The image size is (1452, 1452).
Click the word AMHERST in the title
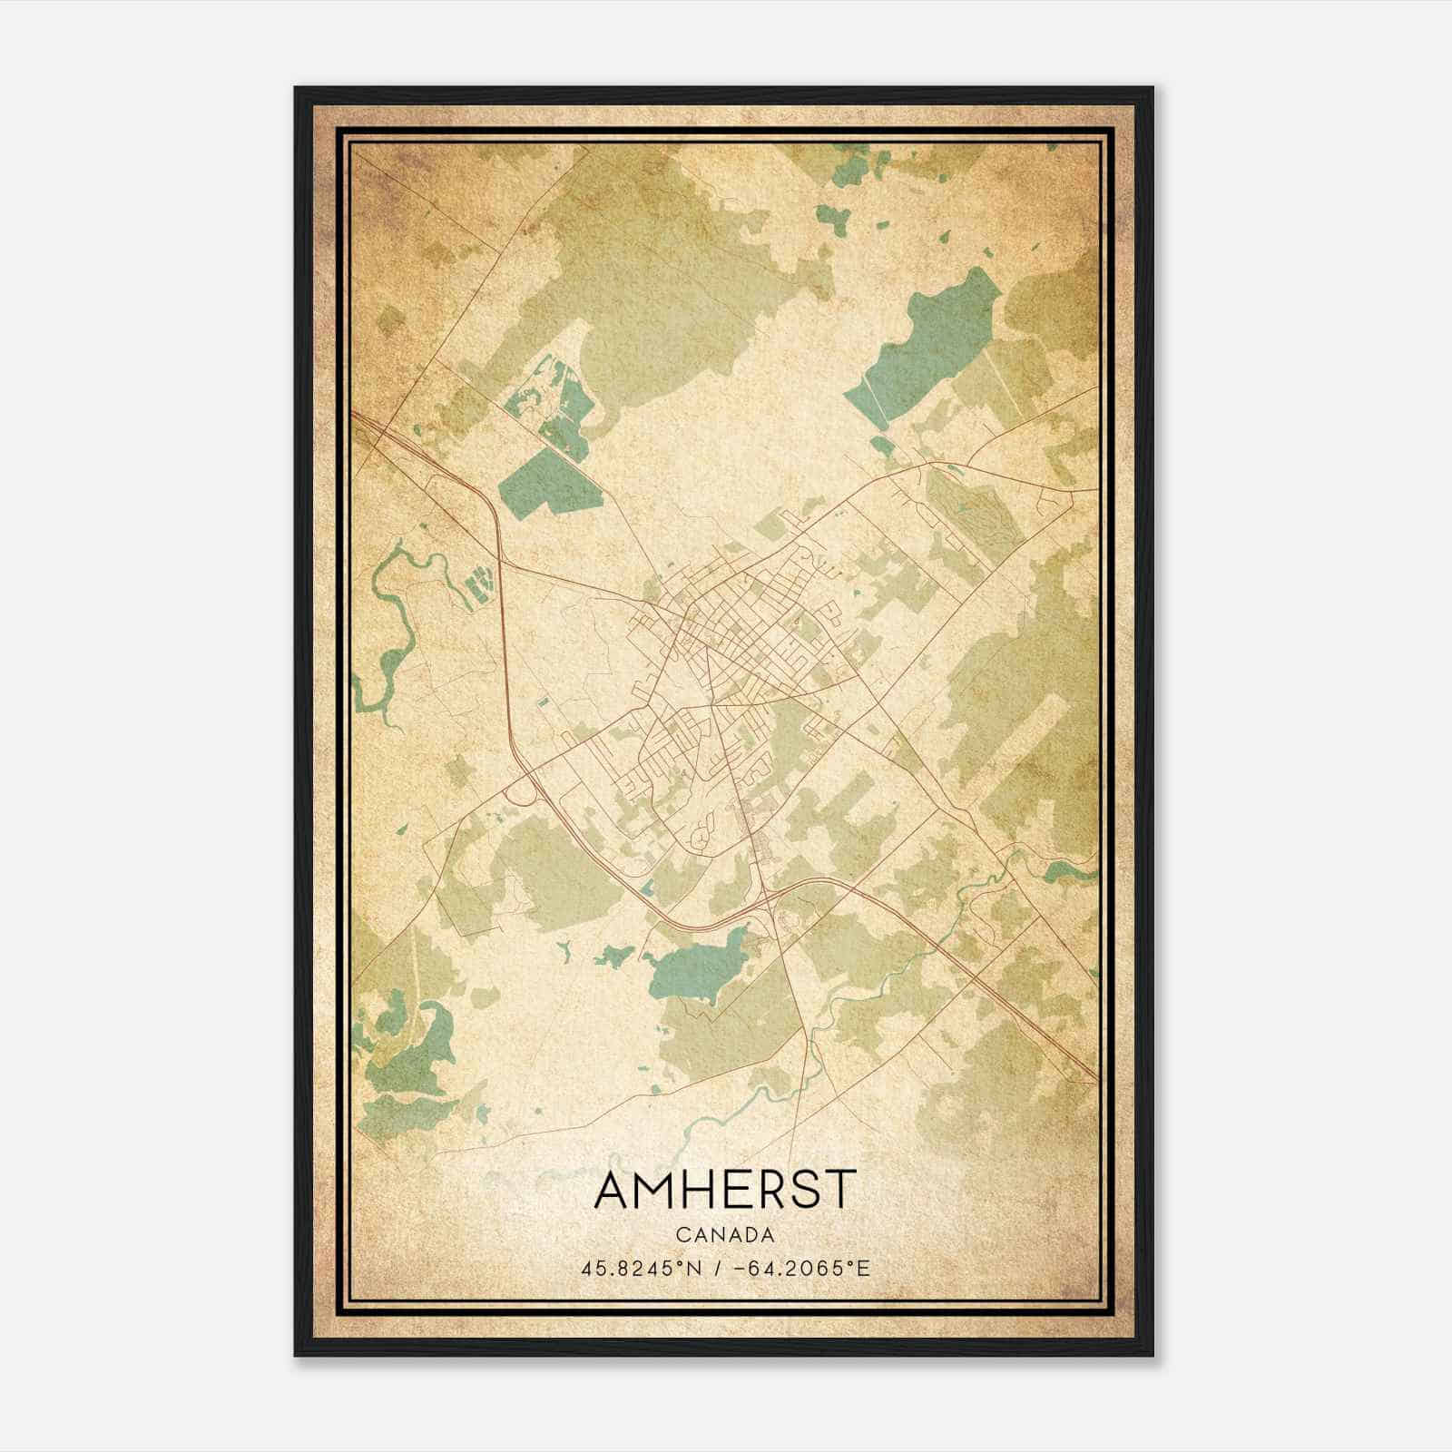click(x=724, y=1189)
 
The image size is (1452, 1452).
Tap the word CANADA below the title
click(x=724, y=1235)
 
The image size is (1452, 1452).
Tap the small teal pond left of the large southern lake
click(x=614, y=955)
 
